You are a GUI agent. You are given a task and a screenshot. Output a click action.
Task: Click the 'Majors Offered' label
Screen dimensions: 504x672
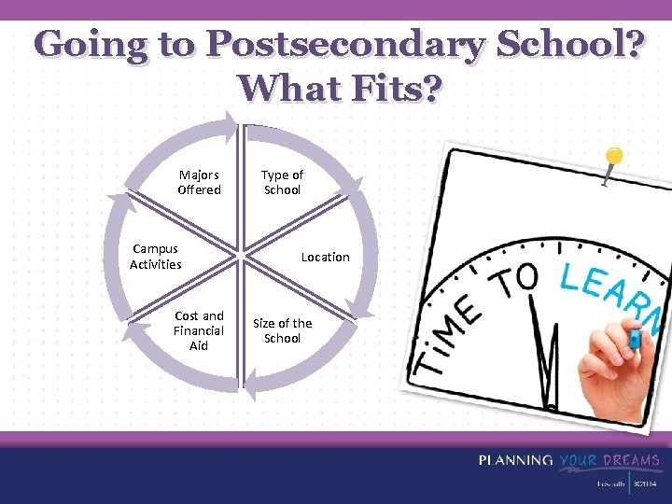click(x=199, y=182)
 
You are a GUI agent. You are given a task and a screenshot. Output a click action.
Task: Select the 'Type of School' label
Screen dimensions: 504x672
click(x=282, y=182)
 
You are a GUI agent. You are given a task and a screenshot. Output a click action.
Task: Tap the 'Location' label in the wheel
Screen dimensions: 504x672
click(x=325, y=257)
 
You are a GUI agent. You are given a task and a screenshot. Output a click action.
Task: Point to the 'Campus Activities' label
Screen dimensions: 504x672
click(x=156, y=257)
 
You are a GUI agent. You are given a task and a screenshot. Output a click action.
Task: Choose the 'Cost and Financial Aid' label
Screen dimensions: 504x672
click(x=199, y=330)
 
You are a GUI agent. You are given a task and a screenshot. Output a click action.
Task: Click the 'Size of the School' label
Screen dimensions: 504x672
click(x=282, y=330)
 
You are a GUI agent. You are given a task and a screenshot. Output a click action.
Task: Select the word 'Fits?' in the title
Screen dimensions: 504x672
click(x=391, y=90)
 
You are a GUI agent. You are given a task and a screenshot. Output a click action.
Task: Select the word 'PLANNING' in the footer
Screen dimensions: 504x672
click(x=515, y=460)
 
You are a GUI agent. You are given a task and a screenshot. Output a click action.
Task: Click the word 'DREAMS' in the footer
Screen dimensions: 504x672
click(x=631, y=460)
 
